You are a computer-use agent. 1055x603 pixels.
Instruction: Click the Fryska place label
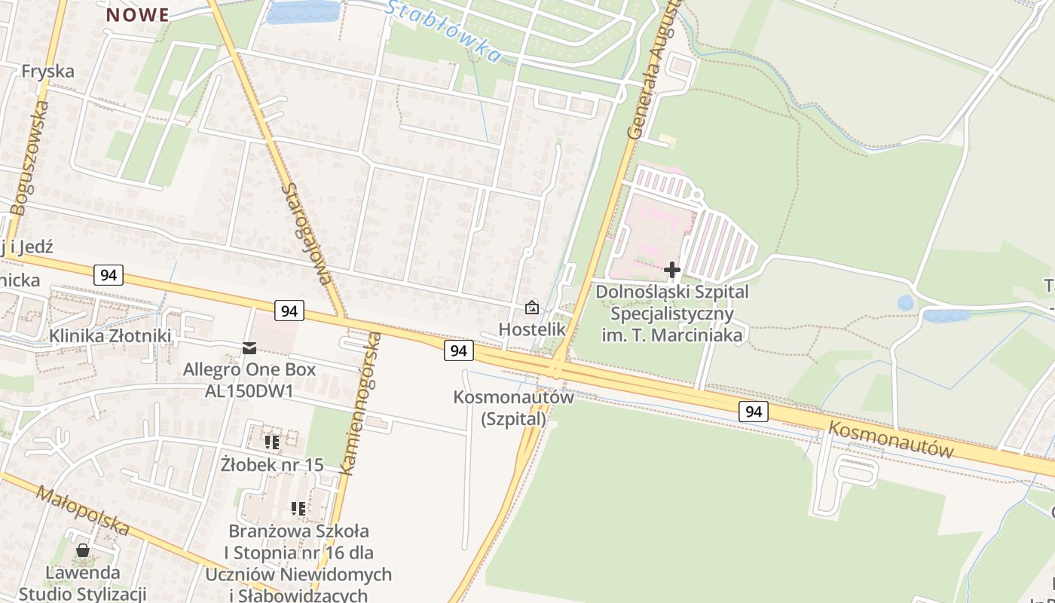48,71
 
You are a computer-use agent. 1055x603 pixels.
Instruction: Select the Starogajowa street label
305,234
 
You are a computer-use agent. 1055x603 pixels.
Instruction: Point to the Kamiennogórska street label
360,403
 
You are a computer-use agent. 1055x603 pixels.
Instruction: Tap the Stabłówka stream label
445,30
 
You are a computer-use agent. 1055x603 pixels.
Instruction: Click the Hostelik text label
532,329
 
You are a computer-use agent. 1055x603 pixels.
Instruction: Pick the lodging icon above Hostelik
532,308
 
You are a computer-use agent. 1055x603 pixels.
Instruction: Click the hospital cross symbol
672,269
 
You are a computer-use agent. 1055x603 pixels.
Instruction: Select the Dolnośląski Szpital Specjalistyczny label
672,312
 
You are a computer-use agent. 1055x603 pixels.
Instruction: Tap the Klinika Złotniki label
110,335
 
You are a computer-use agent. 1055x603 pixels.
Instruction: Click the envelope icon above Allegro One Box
249,347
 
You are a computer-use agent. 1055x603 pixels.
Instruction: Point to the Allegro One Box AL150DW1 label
249,380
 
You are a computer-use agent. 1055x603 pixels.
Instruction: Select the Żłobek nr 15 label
272,464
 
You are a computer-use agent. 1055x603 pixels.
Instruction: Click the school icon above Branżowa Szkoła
298,509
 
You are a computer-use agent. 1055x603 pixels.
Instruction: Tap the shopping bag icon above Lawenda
83,550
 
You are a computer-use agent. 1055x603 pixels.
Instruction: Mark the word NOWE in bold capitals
137,15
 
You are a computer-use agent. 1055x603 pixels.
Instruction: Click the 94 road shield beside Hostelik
459,350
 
